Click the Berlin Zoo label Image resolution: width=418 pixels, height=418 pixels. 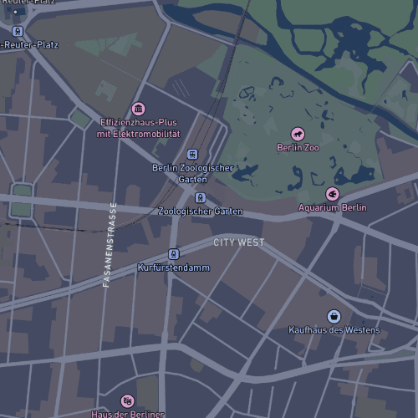pos(298,148)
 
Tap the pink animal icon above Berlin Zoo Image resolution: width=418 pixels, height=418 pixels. pos(297,134)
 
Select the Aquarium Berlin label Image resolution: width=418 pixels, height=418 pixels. pos(333,207)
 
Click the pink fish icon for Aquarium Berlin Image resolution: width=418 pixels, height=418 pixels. pos(332,194)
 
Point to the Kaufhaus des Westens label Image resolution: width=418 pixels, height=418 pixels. pos(334,330)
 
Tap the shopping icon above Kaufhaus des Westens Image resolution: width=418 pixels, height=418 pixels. pos(334,316)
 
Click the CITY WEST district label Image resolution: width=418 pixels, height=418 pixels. pos(238,242)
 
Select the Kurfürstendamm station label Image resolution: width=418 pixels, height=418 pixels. pos(173,268)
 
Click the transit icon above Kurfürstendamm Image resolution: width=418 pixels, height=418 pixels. pos(173,254)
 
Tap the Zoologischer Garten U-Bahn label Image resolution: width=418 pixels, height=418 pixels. pos(201,212)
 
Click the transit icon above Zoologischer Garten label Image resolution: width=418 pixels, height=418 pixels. pos(200,198)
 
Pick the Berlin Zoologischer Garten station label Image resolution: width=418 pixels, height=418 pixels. pos(192,173)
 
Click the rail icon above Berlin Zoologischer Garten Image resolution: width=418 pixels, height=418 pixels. pos(192,155)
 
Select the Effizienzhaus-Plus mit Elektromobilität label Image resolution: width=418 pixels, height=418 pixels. pos(139,128)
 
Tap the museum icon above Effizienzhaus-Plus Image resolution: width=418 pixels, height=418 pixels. pos(138,109)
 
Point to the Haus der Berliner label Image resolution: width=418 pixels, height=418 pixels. pos(127,414)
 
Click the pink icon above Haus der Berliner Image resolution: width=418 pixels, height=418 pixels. pos(127,401)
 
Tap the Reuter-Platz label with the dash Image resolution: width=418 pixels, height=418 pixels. pos(30,44)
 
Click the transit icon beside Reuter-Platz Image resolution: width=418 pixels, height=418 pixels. pos(17,32)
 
